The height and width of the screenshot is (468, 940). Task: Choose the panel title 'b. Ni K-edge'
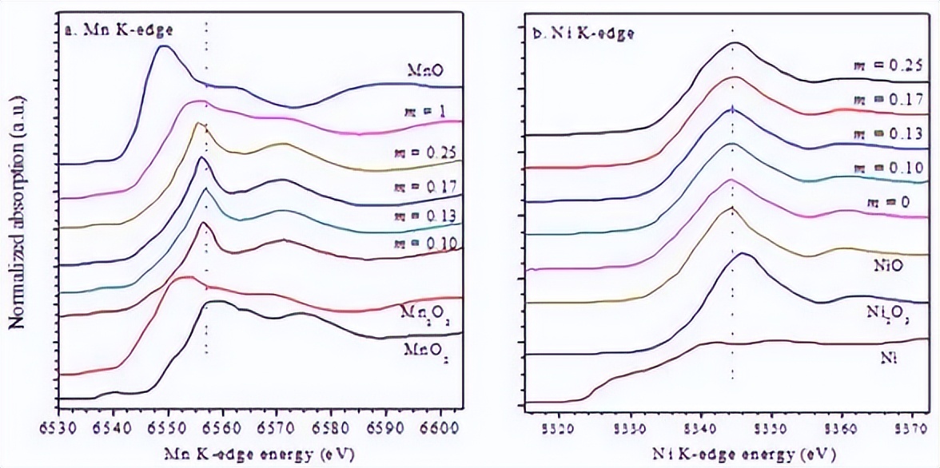(x=584, y=33)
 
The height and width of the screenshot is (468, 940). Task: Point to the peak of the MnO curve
(x=164, y=46)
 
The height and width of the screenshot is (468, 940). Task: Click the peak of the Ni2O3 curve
(x=743, y=254)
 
